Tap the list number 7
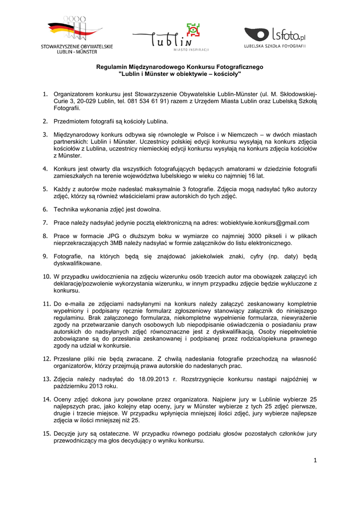(x=45, y=223)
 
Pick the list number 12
(x=46, y=359)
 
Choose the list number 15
(x=46, y=433)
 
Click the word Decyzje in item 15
(x=66, y=433)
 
